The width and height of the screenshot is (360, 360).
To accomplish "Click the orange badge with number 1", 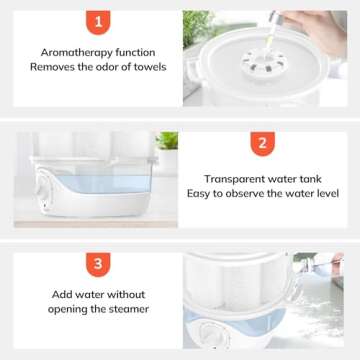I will pyautogui.click(x=98, y=21).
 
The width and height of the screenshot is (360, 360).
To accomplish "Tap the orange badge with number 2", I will pyautogui.click(x=262, y=143).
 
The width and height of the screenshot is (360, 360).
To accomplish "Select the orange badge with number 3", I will pyautogui.click(x=98, y=264).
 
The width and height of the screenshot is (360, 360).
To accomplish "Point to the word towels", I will pyautogui.click(x=147, y=66).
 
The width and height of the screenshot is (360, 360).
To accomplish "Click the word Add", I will pyautogui.click(x=64, y=294).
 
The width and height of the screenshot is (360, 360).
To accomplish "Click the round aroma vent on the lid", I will pyautogui.click(x=265, y=62).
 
